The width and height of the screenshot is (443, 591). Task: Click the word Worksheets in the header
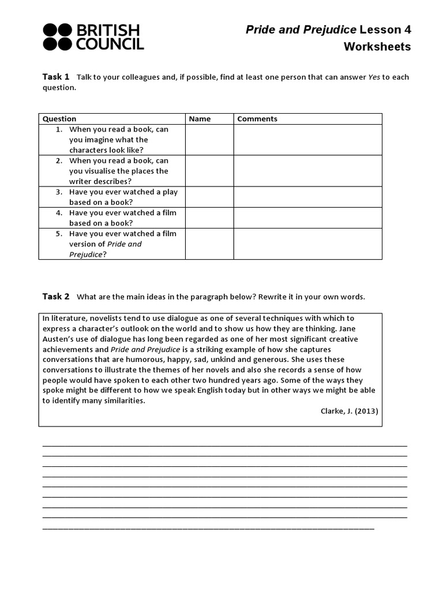pyautogui.click(x=377, y=47)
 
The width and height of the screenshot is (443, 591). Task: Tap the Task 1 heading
pyautogui.click(x=56, y=77)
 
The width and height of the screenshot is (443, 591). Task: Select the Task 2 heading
pyautogui.click(x=56, y=297)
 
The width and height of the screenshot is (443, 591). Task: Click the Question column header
pyautogui.click(x=59, y=119)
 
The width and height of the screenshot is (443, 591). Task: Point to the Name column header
pyautogui.click(x=200, y=119)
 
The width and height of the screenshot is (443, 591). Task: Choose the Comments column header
pyautogui.click(x=257, y=119)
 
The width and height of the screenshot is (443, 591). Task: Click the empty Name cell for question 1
pyautogui.click(x=209, y=140)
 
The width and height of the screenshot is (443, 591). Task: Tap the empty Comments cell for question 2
pyautogui.click(x=307, y=171)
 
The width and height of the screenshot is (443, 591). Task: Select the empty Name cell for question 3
pyautogui.click(x=209, y=197)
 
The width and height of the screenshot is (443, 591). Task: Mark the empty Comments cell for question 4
pyautogui.click(x=307, y=218)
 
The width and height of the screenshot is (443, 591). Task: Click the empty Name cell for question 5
pyautogui.click(x=209, y=244)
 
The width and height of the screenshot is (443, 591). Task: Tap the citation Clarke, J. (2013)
pyautogui.click(x=350, y=411)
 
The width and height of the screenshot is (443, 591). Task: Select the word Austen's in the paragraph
pyautogui.click(x=59, y=339)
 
